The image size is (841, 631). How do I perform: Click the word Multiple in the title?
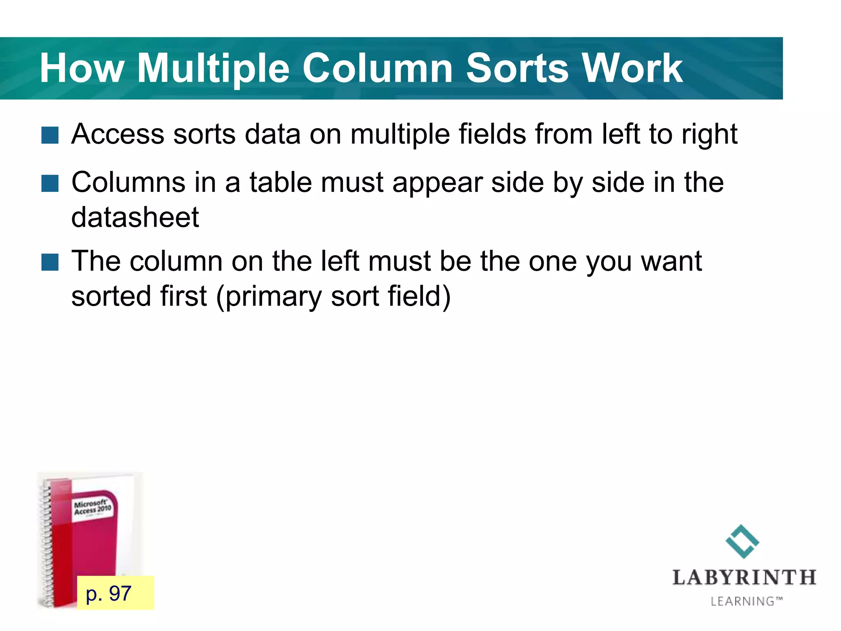pyautogui.click(x=213, y=69)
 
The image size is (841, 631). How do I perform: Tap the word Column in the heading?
pyautogui.click(x=377, y=69)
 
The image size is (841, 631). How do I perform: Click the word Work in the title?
pyautogui.click(x=632, y=69)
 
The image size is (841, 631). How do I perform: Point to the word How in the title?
pyautogui.click(x=82, y=69)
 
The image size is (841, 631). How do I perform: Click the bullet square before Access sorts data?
pyautogui.click(x=50, y=135)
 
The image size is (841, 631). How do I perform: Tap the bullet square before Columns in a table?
pyautogui.click(x=50, y=183)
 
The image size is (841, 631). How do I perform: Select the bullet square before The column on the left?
pyautogui.click(x=50, y=262)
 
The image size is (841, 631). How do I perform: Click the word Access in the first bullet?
pyautogui.click(x=118, y=134)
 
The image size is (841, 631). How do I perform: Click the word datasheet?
pyautogui.click(x=135, y=217)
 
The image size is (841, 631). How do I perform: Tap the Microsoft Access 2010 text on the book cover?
pyautogui.click(x=92, y=507)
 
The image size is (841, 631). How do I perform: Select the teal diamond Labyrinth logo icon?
pyautogui.click(x=742, y=541)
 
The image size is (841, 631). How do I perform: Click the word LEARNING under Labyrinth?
pyautogui.click(x=742, y=601)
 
